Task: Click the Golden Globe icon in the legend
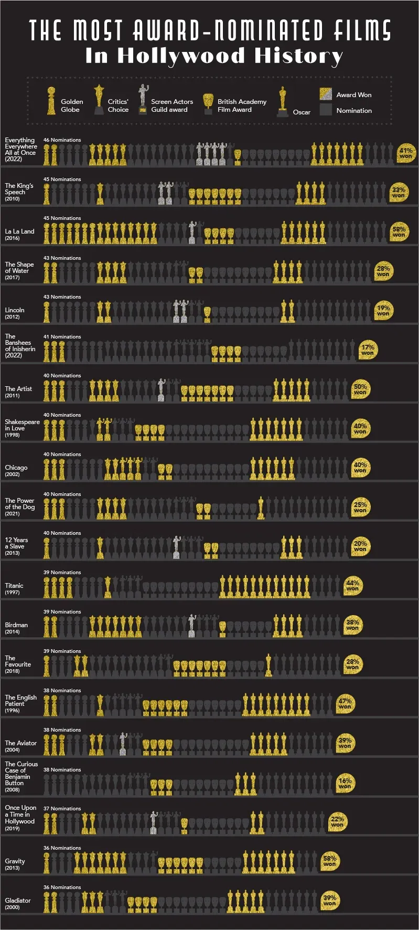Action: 51,101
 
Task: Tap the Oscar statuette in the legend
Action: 283,102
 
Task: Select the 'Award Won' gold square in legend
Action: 326,94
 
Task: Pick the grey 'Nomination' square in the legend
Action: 326,110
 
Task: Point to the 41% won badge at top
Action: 405,153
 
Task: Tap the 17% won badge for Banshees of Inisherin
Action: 368,350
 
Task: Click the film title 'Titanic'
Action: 14,586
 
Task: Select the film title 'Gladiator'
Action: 18,901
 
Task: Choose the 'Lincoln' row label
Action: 15,310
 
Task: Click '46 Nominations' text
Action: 62,140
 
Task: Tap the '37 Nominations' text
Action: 62,809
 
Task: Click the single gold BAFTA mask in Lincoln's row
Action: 207,314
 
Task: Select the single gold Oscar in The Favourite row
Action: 268,665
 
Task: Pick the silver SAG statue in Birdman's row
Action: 192,626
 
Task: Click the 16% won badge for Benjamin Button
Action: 345,783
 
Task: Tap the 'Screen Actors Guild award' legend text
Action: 171,105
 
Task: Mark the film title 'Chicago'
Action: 16,468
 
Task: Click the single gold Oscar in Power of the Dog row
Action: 261,508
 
